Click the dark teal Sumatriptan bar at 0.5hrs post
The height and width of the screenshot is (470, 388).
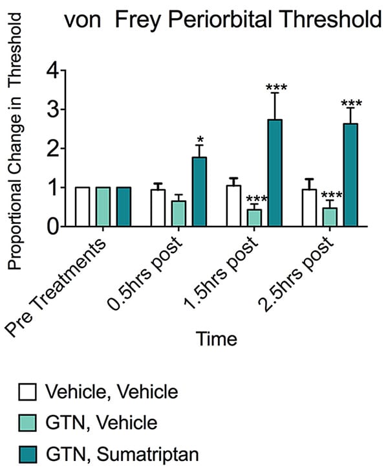point(199,192)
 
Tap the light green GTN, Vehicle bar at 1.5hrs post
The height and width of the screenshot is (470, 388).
point(254,218)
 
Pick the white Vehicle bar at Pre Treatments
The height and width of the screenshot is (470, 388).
point(82,207)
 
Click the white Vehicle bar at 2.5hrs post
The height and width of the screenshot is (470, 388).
point(309,208)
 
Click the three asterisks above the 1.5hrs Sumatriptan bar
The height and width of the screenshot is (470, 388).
point(275,87)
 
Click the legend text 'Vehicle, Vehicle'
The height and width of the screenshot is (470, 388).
point(111,392)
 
